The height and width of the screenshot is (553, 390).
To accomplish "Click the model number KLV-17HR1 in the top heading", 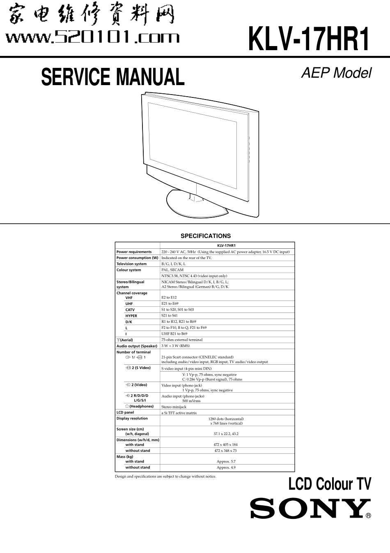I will [309, 39].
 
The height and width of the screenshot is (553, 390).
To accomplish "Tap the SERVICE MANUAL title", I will [113, 77].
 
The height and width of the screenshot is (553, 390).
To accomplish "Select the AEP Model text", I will [336, 73].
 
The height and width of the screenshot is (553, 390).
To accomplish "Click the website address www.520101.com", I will [92, 38].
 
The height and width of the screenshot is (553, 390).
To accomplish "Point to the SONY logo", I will [307, 509].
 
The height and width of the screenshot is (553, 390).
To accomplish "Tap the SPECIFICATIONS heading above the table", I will [206, 236].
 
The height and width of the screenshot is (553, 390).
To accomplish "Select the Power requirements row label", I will [134, 252].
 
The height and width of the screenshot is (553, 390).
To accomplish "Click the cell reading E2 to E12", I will [169, 297].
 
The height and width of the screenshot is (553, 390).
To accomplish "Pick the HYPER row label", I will [131, 316].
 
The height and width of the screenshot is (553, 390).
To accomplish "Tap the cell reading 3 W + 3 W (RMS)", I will [176, 346].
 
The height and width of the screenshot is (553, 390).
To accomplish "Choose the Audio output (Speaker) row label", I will [137, 346].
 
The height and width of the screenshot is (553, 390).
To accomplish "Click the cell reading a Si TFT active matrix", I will [179, 413].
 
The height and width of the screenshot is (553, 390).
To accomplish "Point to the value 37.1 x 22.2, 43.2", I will [226, 434].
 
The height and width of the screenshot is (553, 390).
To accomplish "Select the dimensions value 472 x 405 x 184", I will [226, 444].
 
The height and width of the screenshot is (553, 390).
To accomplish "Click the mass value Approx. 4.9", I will [226, 467].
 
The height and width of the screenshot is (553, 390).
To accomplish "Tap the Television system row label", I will [131, 264].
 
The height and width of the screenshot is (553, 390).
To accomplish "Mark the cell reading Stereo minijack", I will [174, 407].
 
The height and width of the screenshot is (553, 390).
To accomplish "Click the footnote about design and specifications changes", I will [165, 477].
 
